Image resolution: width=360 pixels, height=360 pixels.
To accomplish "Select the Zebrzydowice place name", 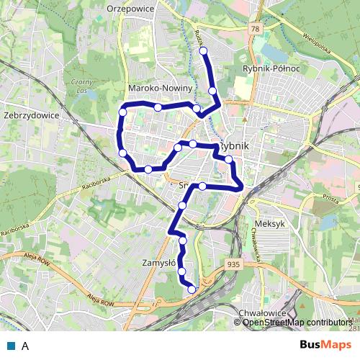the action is [30, 114].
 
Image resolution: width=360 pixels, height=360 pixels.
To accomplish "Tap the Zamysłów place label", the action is [161, 264].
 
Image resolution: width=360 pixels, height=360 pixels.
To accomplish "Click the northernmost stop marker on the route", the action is [203, 50].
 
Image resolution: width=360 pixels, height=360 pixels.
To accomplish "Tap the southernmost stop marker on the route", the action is [192, 289].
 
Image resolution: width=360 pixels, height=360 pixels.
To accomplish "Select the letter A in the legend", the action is [25, 346].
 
